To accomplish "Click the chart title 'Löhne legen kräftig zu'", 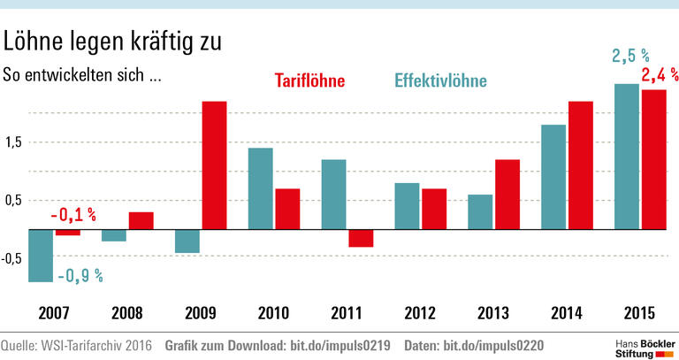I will click(113, 42).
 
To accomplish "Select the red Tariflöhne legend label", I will click(309, 82).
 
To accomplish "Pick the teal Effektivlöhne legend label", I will click(440, 82).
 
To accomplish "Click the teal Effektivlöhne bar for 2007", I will click(42, 256).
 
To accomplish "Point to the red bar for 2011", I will click(360, 238).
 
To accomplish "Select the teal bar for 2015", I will click(626, 157).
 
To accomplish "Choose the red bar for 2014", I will click(580, 165).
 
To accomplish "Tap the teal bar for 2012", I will click(407, 206).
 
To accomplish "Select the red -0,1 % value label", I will click(72, 215).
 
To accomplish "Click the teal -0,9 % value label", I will click(80, 276).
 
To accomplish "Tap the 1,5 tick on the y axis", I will click(13, 142).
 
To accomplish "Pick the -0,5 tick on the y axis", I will click(13, 258).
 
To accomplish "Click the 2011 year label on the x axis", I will click(346, 314).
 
